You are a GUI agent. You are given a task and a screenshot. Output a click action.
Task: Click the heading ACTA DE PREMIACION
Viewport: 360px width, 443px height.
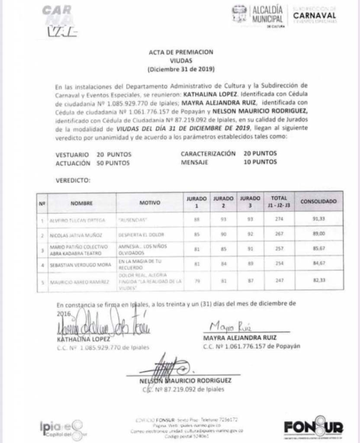[181, 52]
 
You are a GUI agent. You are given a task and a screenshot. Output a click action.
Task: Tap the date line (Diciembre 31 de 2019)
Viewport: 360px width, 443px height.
[181, 69]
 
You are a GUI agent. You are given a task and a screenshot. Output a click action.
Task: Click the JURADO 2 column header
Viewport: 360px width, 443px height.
[223, 202]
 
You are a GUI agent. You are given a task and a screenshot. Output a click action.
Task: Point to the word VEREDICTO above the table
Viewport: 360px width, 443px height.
[73, 180]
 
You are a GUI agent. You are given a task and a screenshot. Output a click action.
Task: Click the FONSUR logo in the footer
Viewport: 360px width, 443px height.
[314, 427]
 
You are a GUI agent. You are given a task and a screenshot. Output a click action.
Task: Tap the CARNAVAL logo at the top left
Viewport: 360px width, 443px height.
[59, 21]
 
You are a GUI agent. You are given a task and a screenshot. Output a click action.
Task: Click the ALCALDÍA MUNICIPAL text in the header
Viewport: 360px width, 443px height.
[267, 14]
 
